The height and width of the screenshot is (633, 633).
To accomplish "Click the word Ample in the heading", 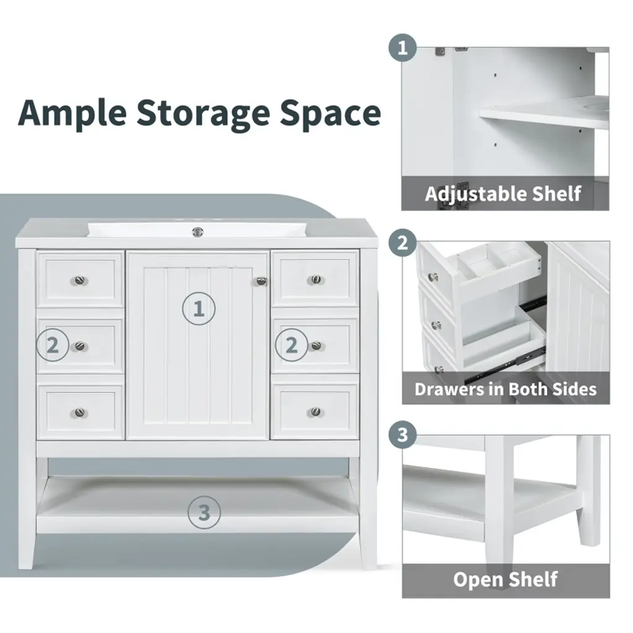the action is pyautogui.click(x=72, y=114).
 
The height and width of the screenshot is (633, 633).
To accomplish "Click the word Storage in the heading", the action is pyautogui.click(x=203, y=114).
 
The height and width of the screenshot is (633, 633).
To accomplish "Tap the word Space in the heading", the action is pyautogui.click(x=330, y=114).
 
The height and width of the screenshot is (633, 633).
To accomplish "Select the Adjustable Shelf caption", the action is pyautogui.click(x=503, y=193).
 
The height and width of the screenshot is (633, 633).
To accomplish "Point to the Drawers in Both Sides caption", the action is pyautogui.click(x=506, y=389).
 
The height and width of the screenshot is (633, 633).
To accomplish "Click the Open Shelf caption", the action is pyautogui.click(x=506, y=580).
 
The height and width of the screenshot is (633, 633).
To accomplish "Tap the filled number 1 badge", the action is pyautogui.click(x=402, y=48).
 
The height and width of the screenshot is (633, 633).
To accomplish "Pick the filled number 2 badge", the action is pyautogui.click(x=402, y=244).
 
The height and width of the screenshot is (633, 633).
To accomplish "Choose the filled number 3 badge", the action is pyautogui.click(x=402, y=435).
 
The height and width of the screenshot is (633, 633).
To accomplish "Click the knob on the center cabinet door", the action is pyautogui.click(x=261, y=281).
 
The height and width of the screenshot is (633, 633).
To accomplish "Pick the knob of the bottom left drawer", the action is pyautogui.click(x=80, y=412).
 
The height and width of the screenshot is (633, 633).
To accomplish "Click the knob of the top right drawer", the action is pyautogui.click(x=316, y=279).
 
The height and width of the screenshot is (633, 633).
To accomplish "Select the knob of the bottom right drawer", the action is pyautogui.click(x=316, y=412).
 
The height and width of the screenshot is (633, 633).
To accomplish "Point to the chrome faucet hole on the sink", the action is pyautogui.click(x=197, y=232).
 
